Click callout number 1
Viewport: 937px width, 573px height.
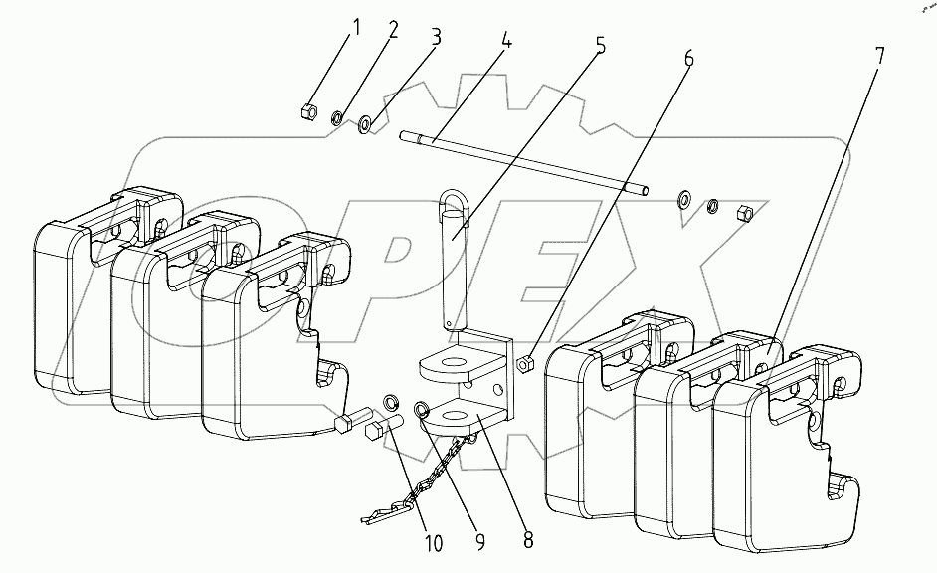[356, 28]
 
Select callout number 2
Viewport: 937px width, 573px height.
[392, 30]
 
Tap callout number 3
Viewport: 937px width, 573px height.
[436, 37]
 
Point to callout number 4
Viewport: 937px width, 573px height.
[506, 40]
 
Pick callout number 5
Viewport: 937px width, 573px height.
[601, 45]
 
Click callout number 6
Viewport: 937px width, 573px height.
[688, 58]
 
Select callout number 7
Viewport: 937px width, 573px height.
[879, 56]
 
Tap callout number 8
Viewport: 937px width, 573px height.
[528, 539]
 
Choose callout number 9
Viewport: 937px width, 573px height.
[479, 541]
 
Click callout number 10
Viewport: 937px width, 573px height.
[434, 543]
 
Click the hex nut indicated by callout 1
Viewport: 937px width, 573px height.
[308, 110]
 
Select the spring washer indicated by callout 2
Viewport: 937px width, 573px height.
[337, 118]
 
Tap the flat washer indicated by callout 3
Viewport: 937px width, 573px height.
[364, 125]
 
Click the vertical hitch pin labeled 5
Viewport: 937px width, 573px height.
[457, 260]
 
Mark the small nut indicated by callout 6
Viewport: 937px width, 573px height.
[524, 364]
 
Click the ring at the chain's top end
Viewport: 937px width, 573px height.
[422, 410]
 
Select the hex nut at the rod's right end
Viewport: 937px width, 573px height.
[744, 212]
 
